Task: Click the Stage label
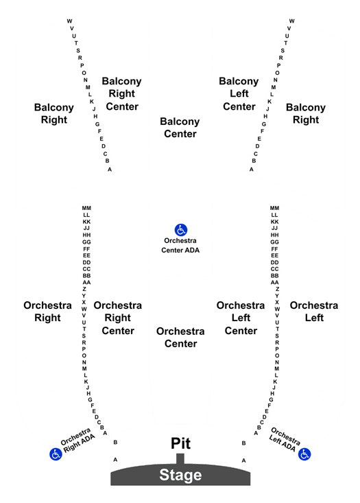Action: pyautogui.click(x=180, y=475)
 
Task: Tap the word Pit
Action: pyautogui.click(x=180, y=444)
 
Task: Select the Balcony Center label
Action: pyautogui.click(x=180, y=128)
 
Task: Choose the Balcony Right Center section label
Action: pyautogui.click(x=122, y=94)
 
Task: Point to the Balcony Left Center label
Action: pyautogui.click(x=239, y=94)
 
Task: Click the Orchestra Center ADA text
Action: pyautogui.click(x=180, y=246)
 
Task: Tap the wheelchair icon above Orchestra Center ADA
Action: pyautogui.click(x=181, y=230)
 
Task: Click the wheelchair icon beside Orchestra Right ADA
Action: pyautogui.click(x=56, y=454)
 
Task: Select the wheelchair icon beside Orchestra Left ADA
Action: pyautogui.click(x=304, y=454)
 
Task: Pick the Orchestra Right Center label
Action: pyautogui.click(x=118, y=318)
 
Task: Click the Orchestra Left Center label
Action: pyautogui.click(x=241, y=318)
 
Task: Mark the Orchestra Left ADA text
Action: pyautogui.click(x=285, y=439)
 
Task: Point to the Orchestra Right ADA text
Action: pyautogui.click(x=77, y=440)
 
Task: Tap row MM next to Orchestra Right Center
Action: pyautogui.click(x=86, y=208)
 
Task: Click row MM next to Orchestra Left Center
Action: pyautogui.click(x=274, y=208)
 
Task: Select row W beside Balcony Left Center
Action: pyautogui.click(x=291, y=21)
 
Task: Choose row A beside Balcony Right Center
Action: pyautogui.click(x=110, y=169)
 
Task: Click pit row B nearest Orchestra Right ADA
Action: pyautogui.click(x=115, y=443)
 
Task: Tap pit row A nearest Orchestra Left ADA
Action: pyautogui.click(x=243, y=460)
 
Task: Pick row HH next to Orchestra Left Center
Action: pyautogui.click(x=274, y=235)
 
